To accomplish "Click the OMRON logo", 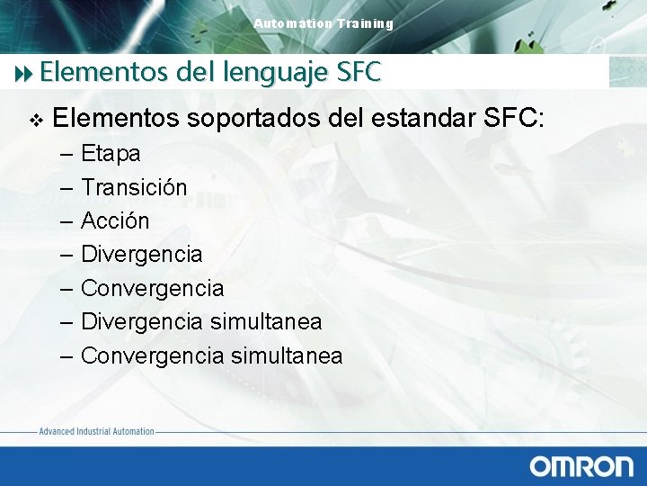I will pos(581,465).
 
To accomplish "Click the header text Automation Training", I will pos(323,23).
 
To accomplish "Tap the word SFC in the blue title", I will pos(359,70).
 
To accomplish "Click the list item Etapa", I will pos(111,154).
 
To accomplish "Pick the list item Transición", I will pos(134,187).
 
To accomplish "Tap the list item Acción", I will pos(115,220).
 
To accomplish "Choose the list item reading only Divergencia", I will pos(141,255).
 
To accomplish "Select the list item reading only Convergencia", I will pos(152,288).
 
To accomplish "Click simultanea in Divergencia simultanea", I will pos(265,321).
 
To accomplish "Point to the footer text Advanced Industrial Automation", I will pos(96,432).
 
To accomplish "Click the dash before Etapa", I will pos(67,154).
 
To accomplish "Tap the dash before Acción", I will pos(67,221).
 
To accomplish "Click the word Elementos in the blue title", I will pos(93,70).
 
